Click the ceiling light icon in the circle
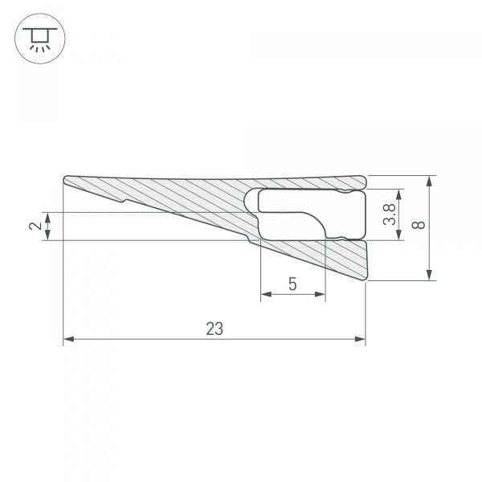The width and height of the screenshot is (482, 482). click(38, 38)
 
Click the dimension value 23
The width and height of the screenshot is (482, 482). click(214, 328)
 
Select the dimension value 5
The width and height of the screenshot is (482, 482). click(292, 284)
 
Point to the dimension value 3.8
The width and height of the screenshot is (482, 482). click(388, 214)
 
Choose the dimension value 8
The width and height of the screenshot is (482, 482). click(417, 227)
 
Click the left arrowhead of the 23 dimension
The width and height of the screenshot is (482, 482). click(67, 340)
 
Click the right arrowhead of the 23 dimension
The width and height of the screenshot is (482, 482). click(361, 340)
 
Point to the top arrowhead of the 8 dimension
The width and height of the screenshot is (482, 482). click(431, 181)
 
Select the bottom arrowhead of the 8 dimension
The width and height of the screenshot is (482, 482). click(431, 276)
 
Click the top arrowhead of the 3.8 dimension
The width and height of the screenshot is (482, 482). click(402, 194)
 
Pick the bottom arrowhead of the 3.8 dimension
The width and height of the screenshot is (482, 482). click(402, 235)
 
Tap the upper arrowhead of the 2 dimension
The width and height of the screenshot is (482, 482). click(49, 216)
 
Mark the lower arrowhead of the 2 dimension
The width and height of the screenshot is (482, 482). click(49, 235)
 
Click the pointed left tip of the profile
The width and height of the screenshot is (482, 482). click(64, 179)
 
